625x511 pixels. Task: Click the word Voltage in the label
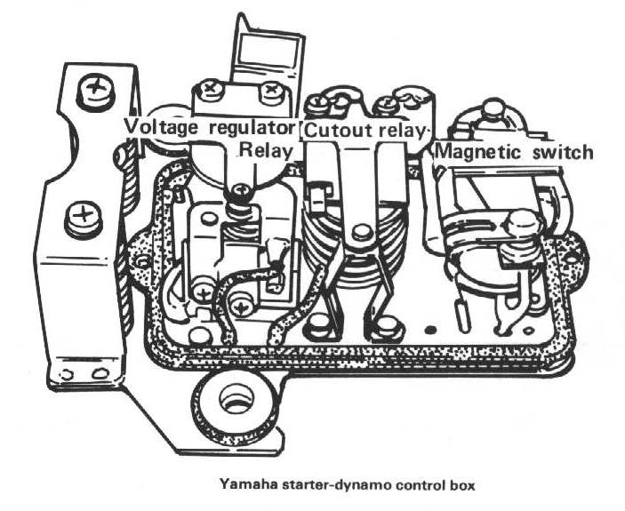(x=161, y=127)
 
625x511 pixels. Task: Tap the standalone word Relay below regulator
(x=266, y=151)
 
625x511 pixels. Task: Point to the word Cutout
(x=338, y=131)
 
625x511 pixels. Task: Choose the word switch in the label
(x=562, y=152)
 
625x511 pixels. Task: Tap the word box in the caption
(x=462, y=486)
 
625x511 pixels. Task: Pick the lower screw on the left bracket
(x=83, y=218)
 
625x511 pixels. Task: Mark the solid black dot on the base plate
(x=430, y=330)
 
